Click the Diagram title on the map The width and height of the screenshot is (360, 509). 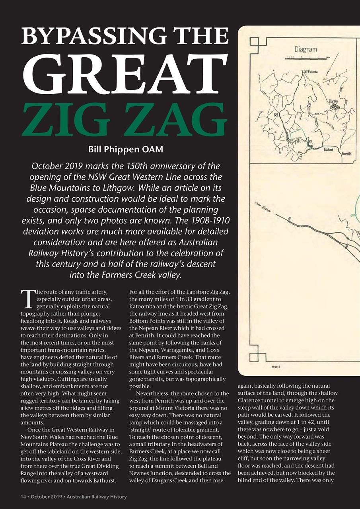point(306,49)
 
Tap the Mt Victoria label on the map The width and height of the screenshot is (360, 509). point(311,72)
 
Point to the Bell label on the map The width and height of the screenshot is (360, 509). point(276,115)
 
